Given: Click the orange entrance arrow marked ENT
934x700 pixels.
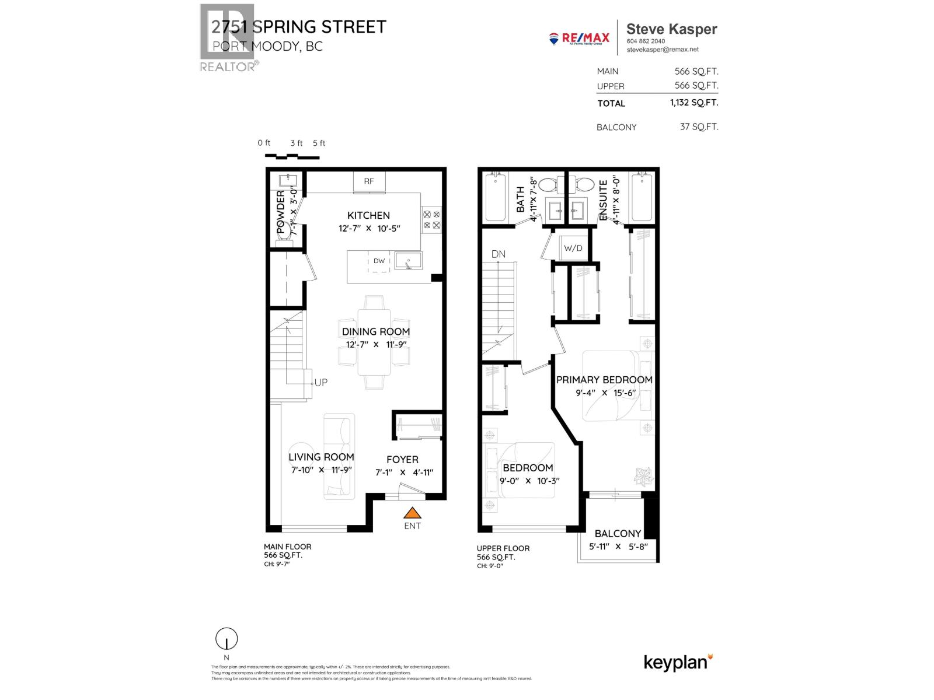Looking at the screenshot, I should click(413, 513).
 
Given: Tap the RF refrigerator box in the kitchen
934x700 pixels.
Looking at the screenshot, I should click(369, 181).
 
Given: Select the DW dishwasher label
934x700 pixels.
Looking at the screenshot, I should click(379, 261).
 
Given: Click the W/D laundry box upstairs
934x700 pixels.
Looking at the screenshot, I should click(573, 248).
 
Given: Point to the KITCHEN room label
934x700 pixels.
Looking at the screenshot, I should click(368, 215).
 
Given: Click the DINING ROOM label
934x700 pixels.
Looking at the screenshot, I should click(375, 331).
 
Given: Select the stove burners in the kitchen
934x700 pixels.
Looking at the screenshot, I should click(431, 219).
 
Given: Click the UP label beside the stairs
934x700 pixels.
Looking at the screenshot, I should click(321, 383).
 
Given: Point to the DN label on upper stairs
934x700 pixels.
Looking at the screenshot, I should click(498, 254).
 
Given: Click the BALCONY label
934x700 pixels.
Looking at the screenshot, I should click(618, 533).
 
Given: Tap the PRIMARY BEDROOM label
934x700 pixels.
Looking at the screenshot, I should click(604, 380).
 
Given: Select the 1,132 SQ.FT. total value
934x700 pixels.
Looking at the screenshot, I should click(693, 103).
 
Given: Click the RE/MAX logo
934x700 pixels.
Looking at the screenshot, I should click(579, 38).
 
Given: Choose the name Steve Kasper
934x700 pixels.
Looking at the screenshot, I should click(671, 29).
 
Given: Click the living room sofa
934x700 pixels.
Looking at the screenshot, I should click(339, 456).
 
